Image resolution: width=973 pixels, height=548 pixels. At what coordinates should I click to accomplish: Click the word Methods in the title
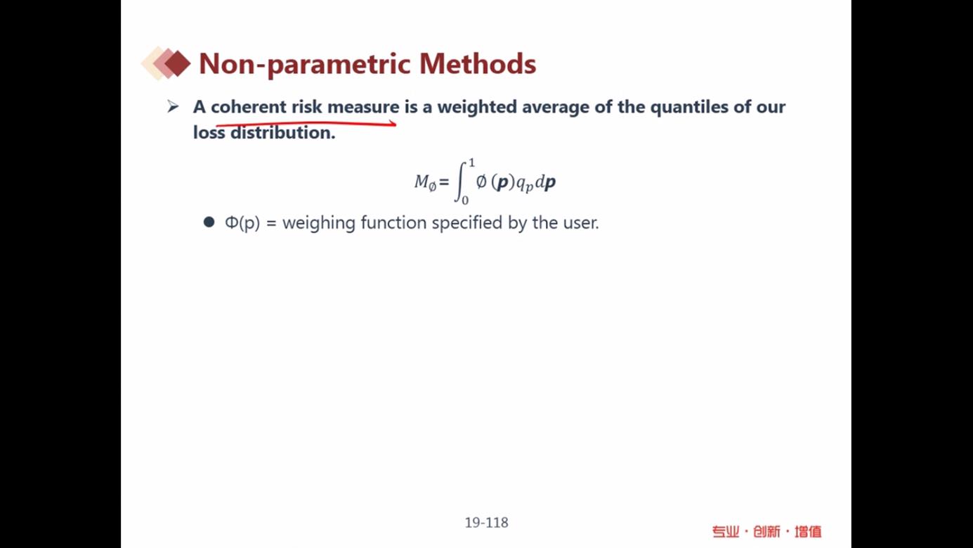[478, 64]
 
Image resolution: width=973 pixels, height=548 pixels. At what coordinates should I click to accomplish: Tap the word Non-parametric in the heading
[304, 65]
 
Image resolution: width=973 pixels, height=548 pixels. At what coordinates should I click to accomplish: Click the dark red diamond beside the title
[177, 63]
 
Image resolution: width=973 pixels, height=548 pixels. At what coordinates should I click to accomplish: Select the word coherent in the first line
[249, 107]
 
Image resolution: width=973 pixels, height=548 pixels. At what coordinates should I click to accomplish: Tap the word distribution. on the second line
[283, 133]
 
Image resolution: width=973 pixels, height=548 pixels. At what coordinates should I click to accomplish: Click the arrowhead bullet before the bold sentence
[173, 106]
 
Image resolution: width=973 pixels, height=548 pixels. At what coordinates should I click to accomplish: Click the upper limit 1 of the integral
[471, 163]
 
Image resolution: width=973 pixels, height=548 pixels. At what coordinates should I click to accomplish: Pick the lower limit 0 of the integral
[465, 200]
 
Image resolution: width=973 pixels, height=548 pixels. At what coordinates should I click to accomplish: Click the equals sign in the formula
[444, 182]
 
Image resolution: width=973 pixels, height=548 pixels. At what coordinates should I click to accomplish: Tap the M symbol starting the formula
[422, 181]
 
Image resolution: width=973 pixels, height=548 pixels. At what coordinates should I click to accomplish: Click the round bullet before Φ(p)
[209, 222]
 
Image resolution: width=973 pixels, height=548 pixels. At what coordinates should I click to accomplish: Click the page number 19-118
[486, 523]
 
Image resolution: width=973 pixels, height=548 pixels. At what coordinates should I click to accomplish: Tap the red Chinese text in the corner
[766, 532]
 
